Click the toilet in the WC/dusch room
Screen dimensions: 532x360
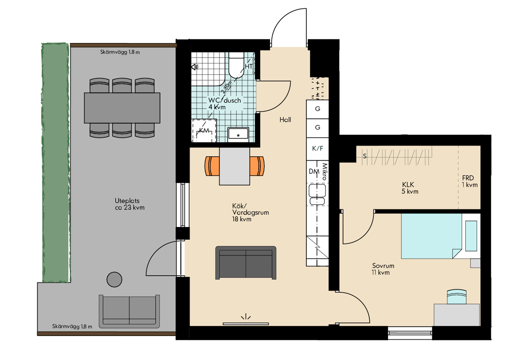coord(236,65)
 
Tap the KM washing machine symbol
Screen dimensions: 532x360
coord(204,131)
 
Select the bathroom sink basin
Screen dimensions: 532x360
coord(238,134)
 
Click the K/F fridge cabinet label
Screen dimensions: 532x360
coord(317,149)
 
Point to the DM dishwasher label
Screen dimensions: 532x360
coord(314,171)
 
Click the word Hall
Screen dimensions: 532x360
coord(285,120)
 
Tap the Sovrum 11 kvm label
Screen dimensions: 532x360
coord(383,269)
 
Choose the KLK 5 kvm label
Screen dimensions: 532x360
coord(410,188)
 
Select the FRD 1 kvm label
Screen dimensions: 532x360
coord(469,181)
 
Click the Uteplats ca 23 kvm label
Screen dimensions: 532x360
coord(129,204)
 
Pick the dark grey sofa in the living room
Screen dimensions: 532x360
coord(246,262)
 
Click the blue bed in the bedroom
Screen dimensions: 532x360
coord(431,236)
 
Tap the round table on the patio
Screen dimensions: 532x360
coord(114,279)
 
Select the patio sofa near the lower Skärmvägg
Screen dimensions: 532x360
coord(129,311)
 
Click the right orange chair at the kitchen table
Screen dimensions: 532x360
coord(257,166)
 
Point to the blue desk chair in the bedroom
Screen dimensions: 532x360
coord(457,297)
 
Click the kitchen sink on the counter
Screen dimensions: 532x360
coord(317,194)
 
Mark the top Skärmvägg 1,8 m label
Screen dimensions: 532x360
coord(120,52)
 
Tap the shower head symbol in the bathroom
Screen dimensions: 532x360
coord(195,67)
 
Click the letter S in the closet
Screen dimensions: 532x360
coord(365,156)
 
